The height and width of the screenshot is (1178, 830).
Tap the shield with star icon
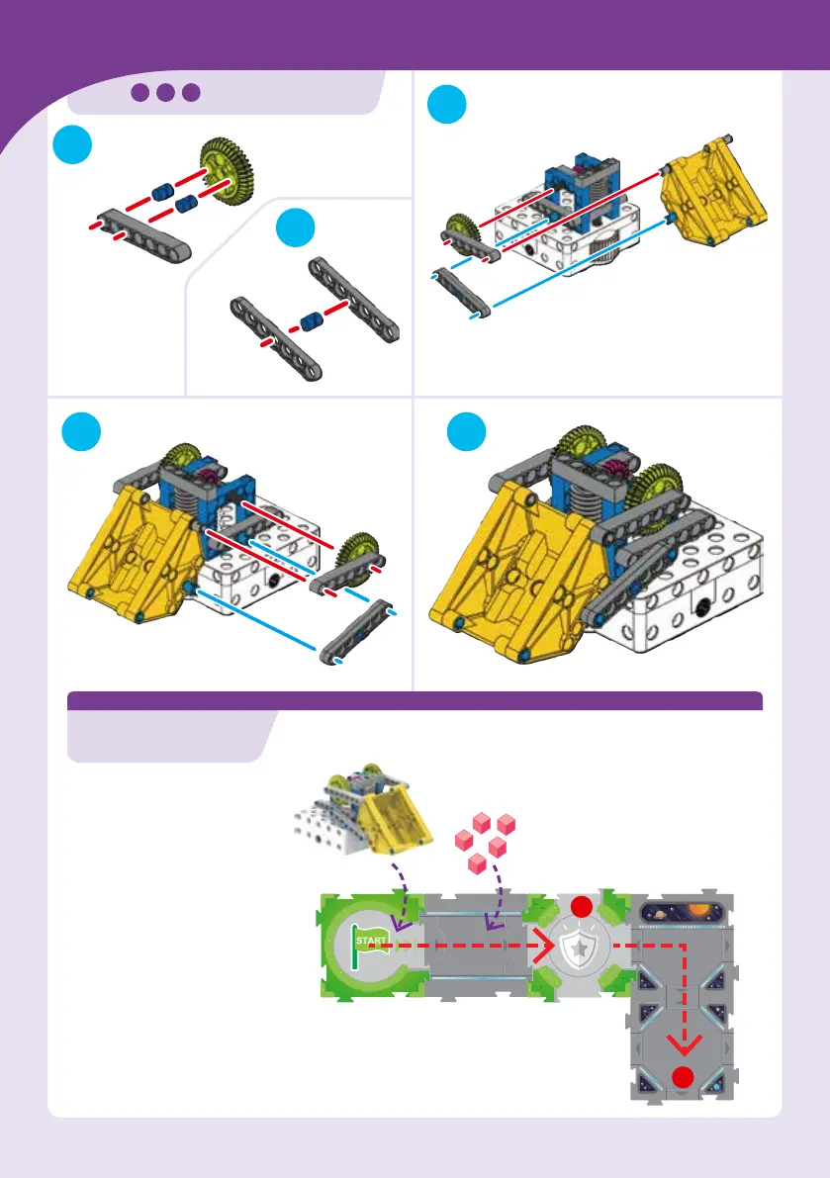coord(581,948)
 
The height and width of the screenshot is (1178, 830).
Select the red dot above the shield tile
coord(581,907)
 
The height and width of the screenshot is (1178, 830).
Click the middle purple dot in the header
coord(165,92)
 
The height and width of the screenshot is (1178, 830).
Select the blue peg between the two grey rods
coord(313,321)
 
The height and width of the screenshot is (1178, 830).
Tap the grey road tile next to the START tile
coord(478,947)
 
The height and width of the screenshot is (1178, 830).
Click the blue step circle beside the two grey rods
coord(295,229)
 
